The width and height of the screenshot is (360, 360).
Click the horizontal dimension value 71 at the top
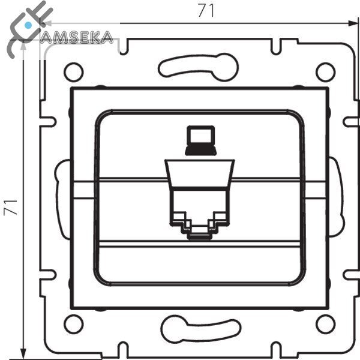click(206, 11)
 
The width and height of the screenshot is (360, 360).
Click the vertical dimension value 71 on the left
click(10, 208)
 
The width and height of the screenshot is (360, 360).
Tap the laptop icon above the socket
click(200, 140)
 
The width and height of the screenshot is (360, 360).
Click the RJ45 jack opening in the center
click(200, 213)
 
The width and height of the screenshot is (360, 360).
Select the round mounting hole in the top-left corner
click(73, 72)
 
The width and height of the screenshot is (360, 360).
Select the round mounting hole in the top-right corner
click(326, 72)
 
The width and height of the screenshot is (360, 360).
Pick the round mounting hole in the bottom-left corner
click(73, 324)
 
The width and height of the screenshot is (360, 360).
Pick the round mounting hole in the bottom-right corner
click(326, 324)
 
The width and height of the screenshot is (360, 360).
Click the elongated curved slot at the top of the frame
click(199, 67)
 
